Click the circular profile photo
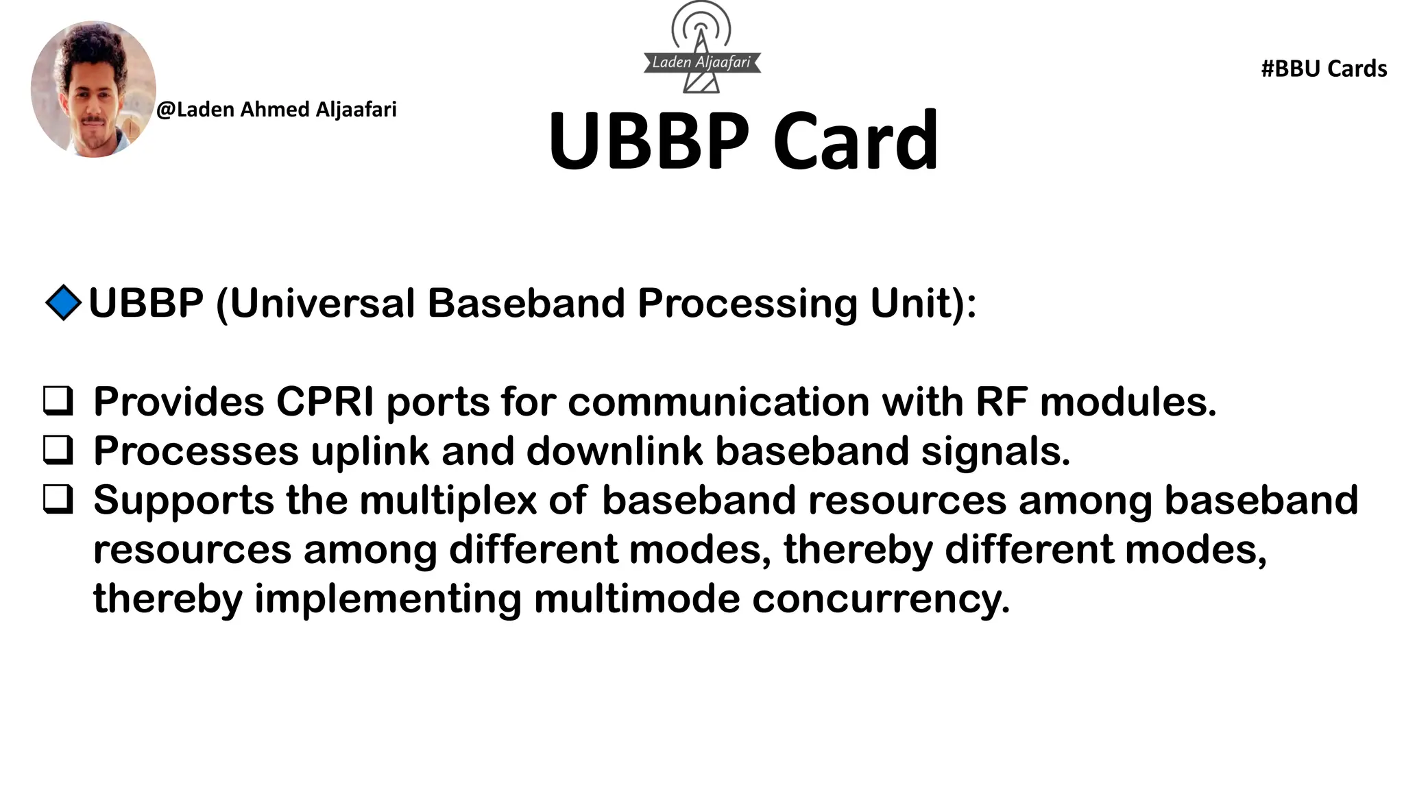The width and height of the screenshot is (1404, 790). point(93,89)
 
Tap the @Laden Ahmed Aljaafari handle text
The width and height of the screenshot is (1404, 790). point(276,110)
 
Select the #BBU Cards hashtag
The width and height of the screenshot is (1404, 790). point(1324,69)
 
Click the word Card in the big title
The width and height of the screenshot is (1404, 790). point(855,141)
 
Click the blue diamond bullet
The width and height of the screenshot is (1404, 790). point(63,302)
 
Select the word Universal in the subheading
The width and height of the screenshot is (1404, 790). point(322,303)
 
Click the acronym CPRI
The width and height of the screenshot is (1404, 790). point(325,402)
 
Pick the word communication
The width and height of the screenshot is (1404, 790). point(718,402)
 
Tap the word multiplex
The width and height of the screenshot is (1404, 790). point(448,501)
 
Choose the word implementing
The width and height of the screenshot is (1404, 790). point(388,599)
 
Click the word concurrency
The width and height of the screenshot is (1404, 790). point(881,599)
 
